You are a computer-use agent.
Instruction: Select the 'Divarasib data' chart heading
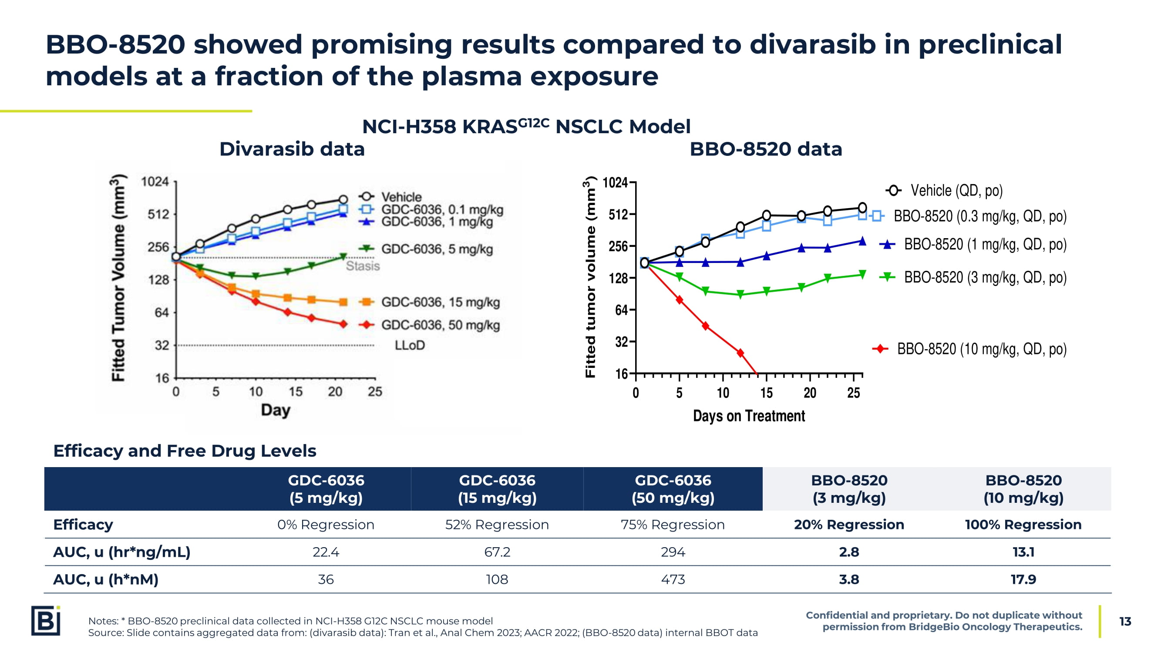click(x=292, y=149)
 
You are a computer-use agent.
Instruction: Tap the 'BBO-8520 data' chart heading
click(x=765, y=149)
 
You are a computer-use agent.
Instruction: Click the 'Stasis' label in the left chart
click(x=362, y=266)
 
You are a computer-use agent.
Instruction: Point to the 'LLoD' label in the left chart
click(x=409, y=345)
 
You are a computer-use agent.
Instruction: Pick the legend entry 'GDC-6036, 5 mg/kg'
click(x=436, y=249)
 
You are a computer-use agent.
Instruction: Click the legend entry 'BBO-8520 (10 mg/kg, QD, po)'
click(x=981, y=349)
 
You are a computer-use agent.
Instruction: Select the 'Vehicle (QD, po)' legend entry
click(x=956, y=191)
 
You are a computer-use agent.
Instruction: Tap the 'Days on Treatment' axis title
click(x=749, y=415)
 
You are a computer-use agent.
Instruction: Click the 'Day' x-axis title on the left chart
click(x=276, y=410)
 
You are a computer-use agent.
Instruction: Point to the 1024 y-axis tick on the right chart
click(x=615, y=182)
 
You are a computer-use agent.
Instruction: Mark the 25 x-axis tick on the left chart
click(x=374, y=392)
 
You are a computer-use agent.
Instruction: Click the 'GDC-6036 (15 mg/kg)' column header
click(x=497, y=489)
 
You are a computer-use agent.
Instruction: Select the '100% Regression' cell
click(x=1023, y=525)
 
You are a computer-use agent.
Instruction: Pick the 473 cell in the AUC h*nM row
click(x=673, y=579)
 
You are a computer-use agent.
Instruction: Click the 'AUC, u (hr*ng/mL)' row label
click(x=122, y=552)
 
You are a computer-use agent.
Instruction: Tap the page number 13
click(x=1125, y=622)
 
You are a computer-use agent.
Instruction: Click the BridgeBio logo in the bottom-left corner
click(x=46, y=621)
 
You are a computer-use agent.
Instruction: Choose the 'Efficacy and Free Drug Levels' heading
click(x=185, y=451)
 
